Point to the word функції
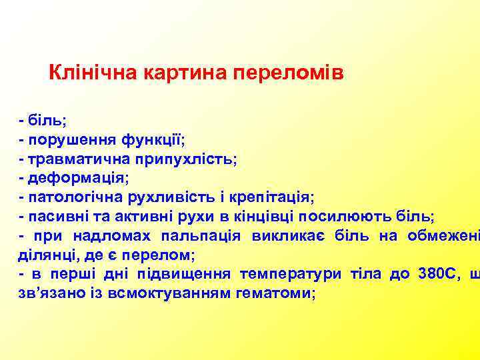(x=153, y=140)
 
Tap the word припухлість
(x=187, y=159)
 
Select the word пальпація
(x=201, y=236)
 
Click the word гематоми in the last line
(x=273, y=293)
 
